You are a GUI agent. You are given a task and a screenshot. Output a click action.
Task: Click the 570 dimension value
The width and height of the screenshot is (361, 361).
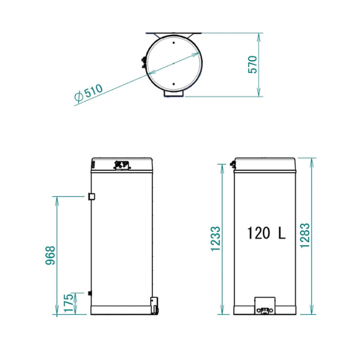point(253,65)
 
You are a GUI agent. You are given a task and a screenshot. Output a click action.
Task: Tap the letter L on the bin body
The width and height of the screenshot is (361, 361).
point(281,233)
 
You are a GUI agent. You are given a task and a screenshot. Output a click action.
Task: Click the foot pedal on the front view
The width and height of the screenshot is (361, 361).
point(264,305)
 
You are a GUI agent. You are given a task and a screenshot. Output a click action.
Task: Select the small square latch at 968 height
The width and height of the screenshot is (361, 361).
point(90,196)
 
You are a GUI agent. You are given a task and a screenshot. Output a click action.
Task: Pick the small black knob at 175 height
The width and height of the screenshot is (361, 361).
point(90,293)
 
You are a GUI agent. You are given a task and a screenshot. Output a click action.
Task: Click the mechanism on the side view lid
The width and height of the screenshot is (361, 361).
point(121,165)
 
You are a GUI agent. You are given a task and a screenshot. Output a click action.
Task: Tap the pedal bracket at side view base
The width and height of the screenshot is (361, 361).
point(154,305)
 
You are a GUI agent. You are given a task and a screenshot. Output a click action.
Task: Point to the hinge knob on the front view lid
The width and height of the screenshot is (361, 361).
point(232,165)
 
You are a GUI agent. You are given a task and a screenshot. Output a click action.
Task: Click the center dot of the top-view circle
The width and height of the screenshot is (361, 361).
point(173,65)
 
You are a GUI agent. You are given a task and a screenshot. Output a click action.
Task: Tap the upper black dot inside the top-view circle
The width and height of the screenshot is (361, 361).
point(173,42)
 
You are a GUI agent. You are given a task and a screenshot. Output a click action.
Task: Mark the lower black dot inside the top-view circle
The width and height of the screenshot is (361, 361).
point(173,88)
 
